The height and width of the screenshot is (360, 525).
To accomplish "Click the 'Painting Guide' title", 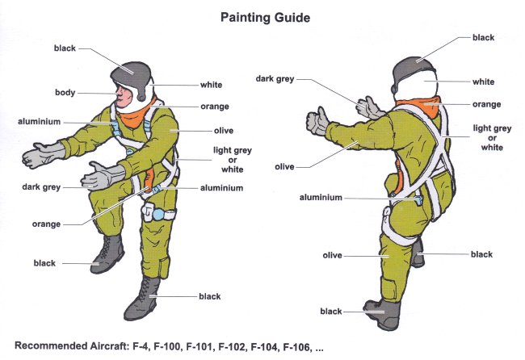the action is (x=265, y=18).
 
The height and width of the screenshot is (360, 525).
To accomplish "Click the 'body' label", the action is (x=65, y=92).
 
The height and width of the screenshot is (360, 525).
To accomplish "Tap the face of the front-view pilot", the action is (x=124, y=95).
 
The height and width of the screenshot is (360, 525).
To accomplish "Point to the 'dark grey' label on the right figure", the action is (x=275, y=79).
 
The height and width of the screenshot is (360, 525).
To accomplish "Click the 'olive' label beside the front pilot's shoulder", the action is (x=224, y=131).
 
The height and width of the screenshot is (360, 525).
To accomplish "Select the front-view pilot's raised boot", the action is (x=107, y=253).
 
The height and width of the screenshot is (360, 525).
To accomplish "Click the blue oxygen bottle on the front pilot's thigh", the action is (x=158, y=214).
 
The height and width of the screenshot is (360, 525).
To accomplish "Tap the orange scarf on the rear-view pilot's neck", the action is (x=419, y=105).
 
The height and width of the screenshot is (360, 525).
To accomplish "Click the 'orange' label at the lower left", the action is (x=46, y=224).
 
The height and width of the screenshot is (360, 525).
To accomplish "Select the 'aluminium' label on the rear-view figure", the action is (x=321, y=198).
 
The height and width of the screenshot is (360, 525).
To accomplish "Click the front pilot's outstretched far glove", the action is (x=44, y=155).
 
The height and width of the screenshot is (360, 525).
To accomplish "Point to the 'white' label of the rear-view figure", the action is (x=483, y=82).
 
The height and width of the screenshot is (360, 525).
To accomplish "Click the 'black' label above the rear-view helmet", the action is (x=483, y=37).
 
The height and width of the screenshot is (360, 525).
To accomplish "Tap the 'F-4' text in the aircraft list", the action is (x=140, y=347).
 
